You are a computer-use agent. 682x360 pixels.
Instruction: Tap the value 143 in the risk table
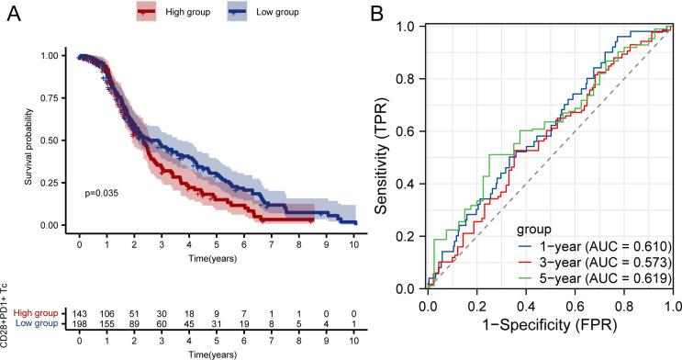[x=80, y=314]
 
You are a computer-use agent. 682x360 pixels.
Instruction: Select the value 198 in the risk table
[x=80, y=324]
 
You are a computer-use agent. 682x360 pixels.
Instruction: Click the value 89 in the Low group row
[x=135, y=324]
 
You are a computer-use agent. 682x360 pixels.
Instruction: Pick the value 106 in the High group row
[x=107, y=314]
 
